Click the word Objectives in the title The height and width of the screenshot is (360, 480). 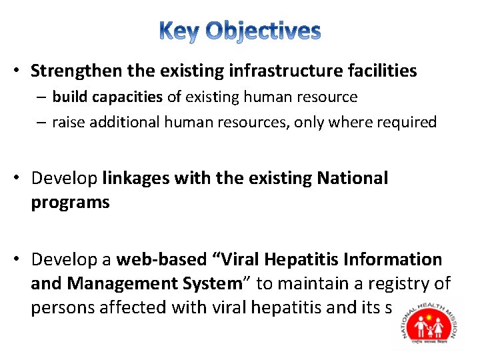coord(263,31)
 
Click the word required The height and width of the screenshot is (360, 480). coord(409,123)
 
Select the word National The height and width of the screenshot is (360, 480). coord(353,179)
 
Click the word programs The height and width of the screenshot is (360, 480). coord(70,203)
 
